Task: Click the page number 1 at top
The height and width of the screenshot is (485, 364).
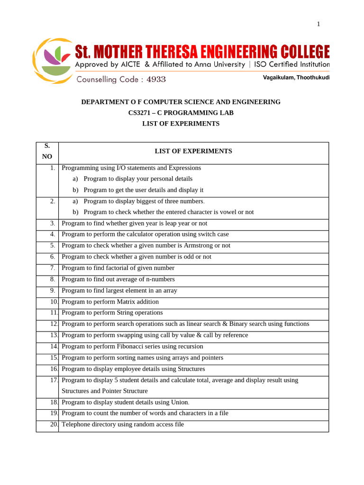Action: click(318, 24)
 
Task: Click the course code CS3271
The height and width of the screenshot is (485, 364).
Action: click(141, 113)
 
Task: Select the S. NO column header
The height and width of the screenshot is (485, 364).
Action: click(47, 151)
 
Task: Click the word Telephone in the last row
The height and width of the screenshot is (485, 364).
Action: click(76, 424)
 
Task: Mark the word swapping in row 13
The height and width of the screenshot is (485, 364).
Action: click(128, 335)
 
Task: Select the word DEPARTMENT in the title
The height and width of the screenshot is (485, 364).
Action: click(103, 102)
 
